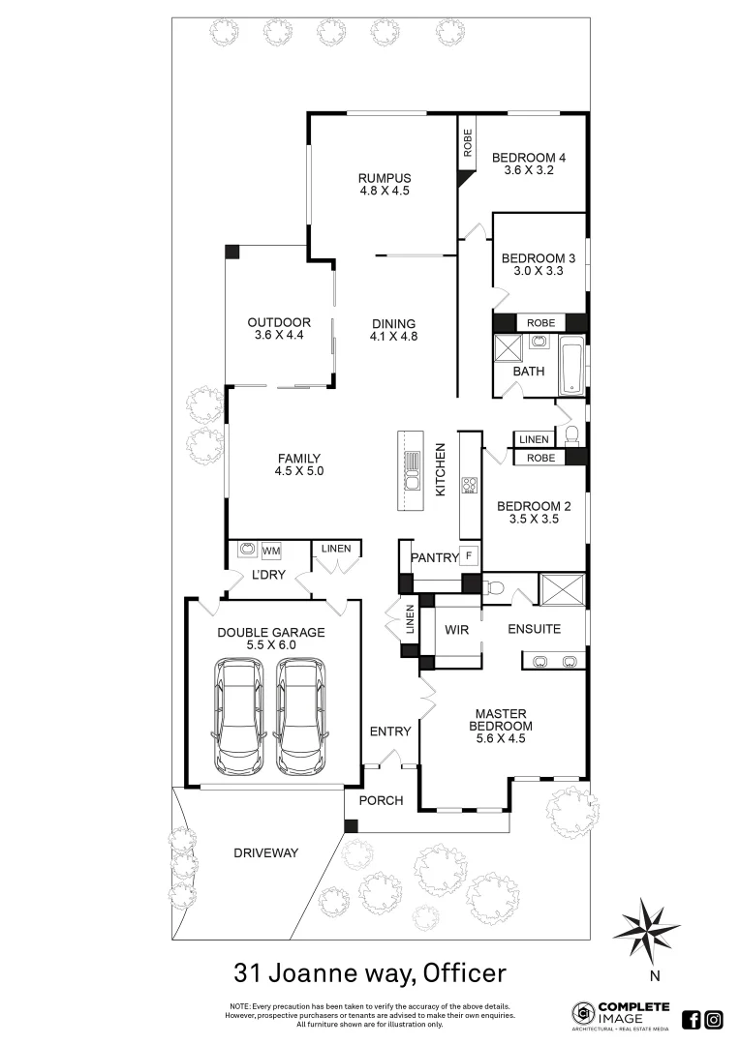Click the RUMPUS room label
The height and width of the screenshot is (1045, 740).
tap(385, 178)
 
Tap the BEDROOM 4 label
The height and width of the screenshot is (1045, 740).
tap(528, 158)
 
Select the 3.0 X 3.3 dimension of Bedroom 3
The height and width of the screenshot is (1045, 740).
tap(539, 272)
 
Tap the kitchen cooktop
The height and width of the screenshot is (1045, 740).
tap(470, 485)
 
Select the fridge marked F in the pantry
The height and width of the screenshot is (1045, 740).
tap(469, 555)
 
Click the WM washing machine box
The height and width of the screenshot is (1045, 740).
tap(270, 551)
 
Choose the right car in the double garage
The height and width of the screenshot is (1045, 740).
tap(299, 716)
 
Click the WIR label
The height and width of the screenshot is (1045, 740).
tap(457, 630)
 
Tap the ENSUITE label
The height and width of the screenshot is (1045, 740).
tap(535, 629)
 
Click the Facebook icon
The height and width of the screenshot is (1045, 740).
tap(692, 1019)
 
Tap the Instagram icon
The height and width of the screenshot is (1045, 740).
tap(714, 1019)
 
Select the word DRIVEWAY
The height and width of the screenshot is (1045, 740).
tap(265, 853)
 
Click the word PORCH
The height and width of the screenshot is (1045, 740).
tap(380, 801)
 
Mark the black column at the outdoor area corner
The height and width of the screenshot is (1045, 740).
tap(231, 252)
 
